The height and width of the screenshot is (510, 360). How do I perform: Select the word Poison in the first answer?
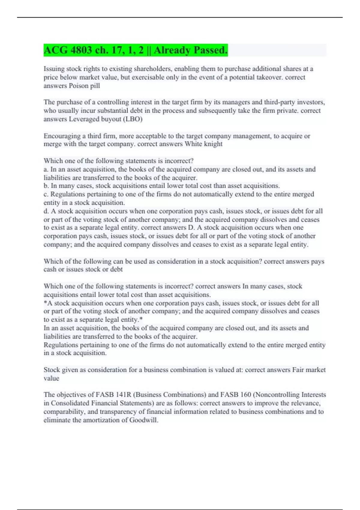tap(79, 86)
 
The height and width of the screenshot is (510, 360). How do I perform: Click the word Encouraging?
tap(62, 136)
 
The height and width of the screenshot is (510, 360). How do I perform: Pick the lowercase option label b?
tap(46, 186)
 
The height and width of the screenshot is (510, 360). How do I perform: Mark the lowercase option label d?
tap(46, 211)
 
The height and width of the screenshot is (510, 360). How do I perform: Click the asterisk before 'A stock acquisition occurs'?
tap(45, 303)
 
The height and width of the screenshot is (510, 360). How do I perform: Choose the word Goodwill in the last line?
tap(143, 420)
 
